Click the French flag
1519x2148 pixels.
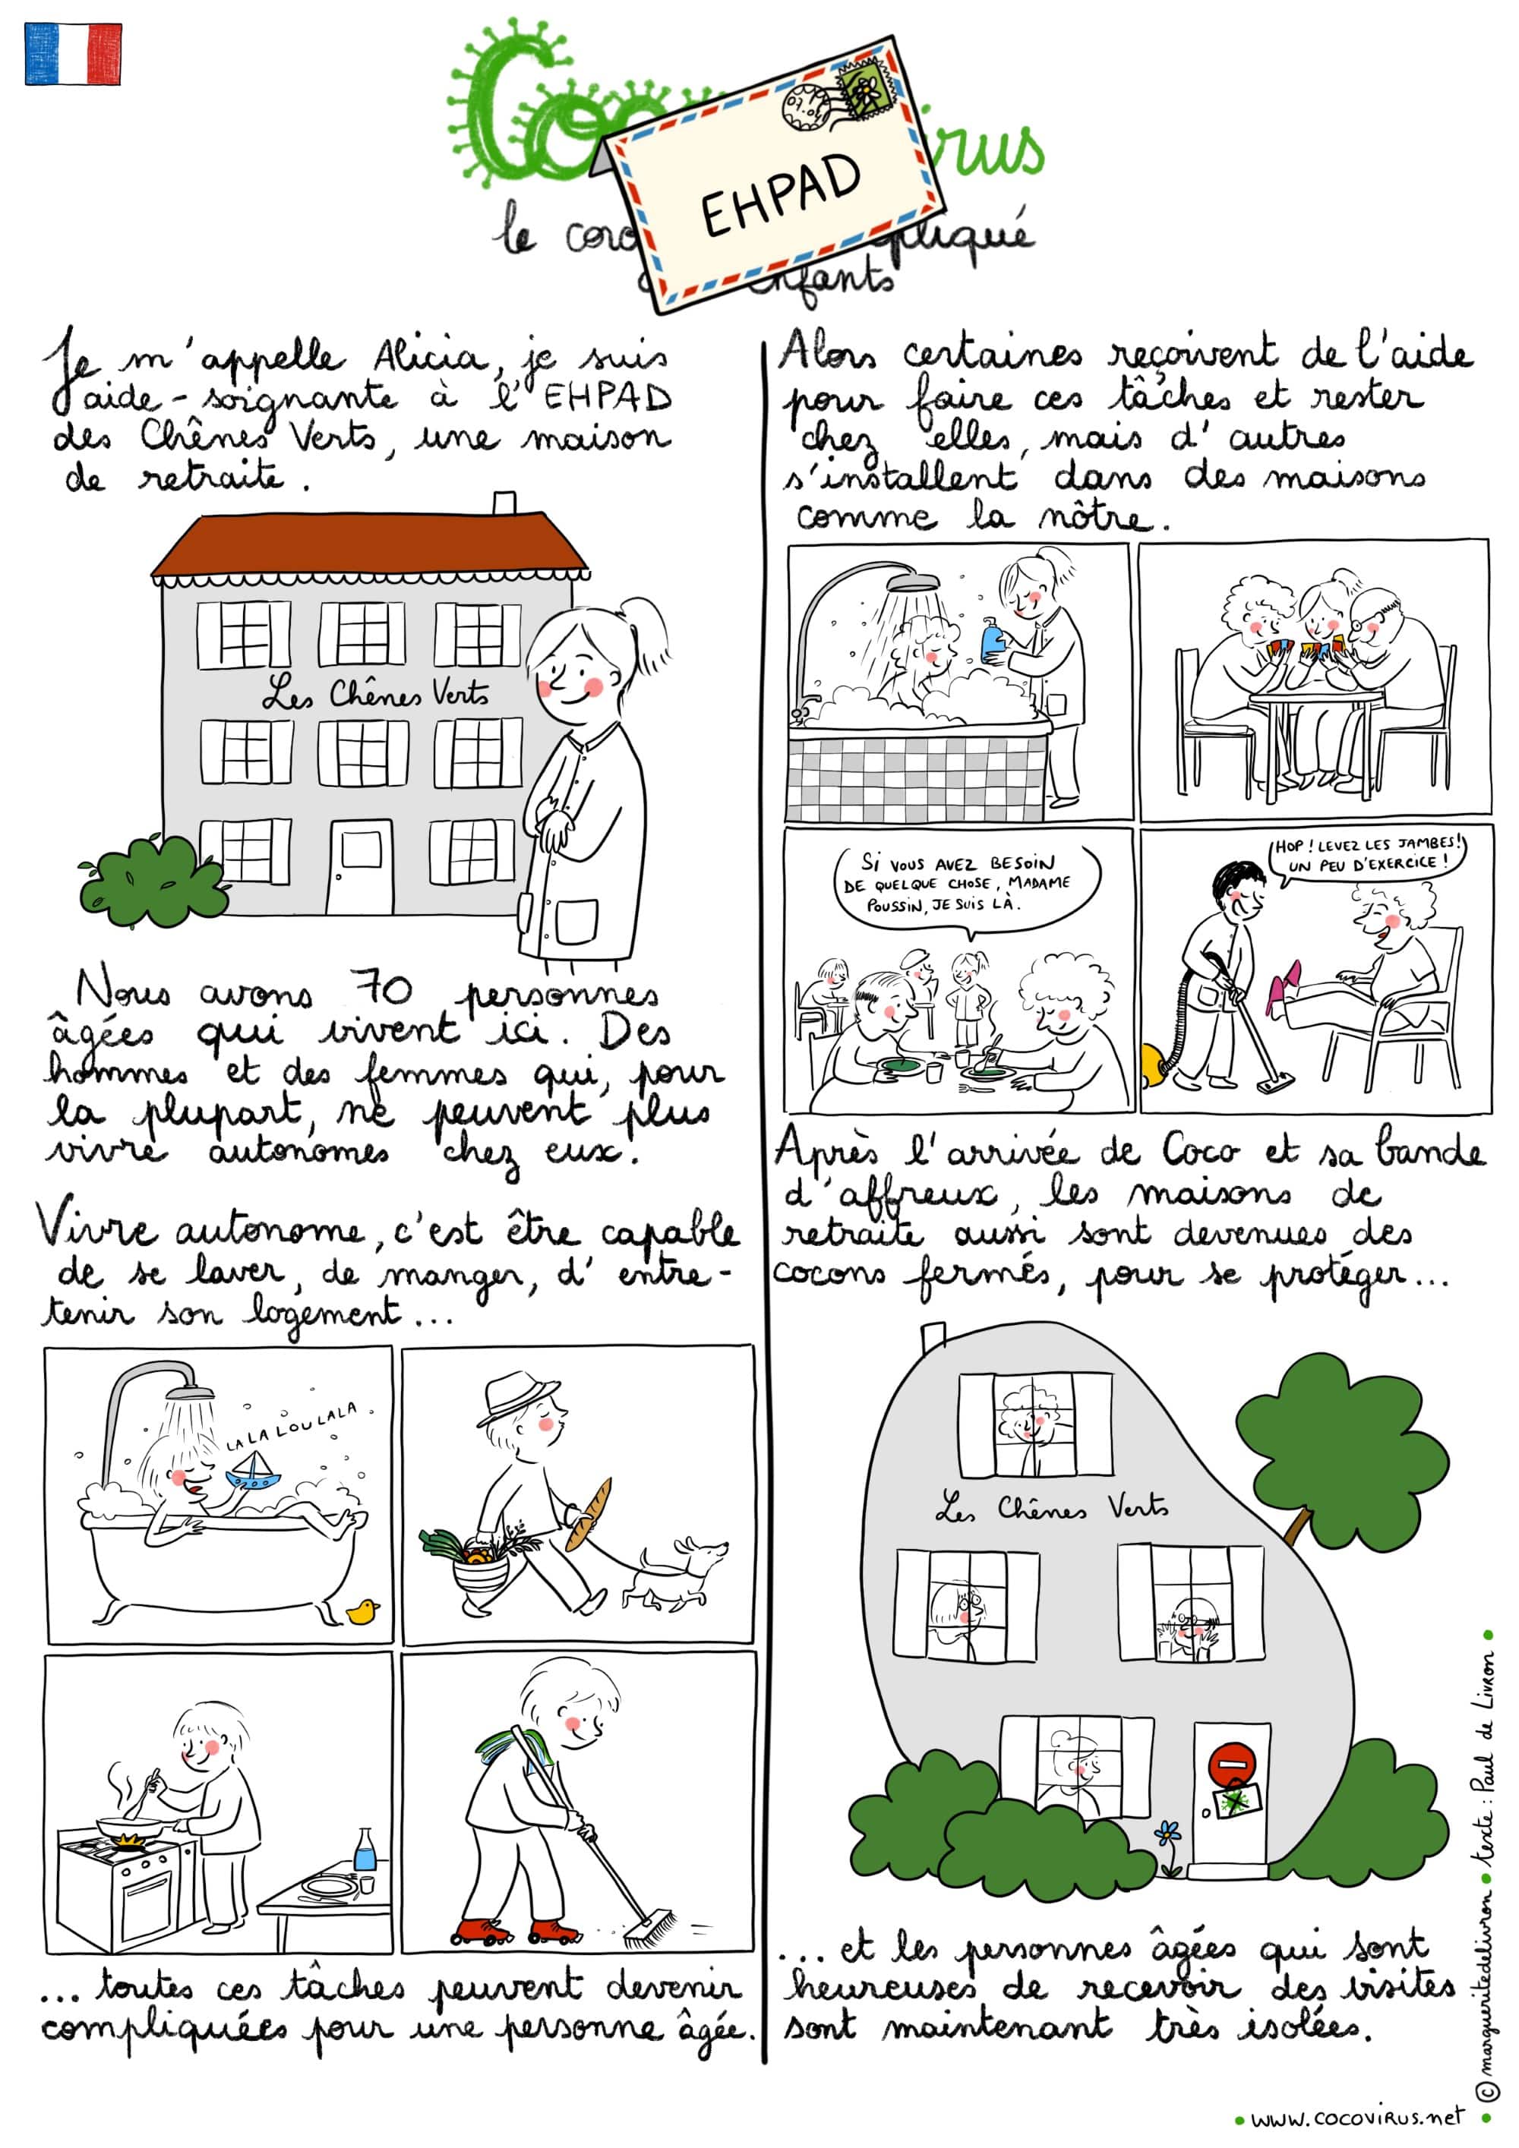(x=73, y=54)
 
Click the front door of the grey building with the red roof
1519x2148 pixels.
(x=359, y=867)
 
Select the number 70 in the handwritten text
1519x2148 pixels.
(x=380, y=991)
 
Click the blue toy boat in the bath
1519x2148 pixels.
(x=253, y=1475)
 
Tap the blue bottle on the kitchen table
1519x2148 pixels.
(x=365, y=1850)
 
